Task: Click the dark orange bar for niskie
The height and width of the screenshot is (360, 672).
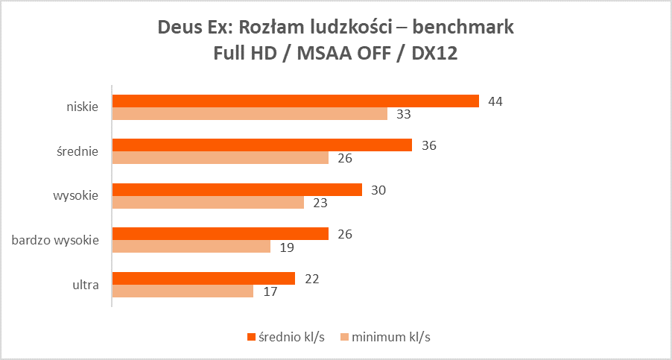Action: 295,101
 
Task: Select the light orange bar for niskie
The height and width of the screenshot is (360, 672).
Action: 250,114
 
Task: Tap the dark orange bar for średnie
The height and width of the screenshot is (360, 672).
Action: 261,145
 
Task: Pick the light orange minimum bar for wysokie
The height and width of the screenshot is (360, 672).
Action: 208,202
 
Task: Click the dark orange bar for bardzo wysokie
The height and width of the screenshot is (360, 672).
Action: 220,234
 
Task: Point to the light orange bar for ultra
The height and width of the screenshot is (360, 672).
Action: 183,291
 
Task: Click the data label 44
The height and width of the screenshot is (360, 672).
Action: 495,101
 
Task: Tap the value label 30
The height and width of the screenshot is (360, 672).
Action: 378,190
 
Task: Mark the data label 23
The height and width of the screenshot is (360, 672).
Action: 320,202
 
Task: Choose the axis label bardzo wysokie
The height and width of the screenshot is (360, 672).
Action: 55,240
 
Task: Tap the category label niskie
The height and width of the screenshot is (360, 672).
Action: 81,107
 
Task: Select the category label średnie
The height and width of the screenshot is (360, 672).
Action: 78,151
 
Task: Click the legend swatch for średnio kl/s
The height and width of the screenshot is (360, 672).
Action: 251,337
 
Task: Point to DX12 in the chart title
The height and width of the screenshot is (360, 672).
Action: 436,53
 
